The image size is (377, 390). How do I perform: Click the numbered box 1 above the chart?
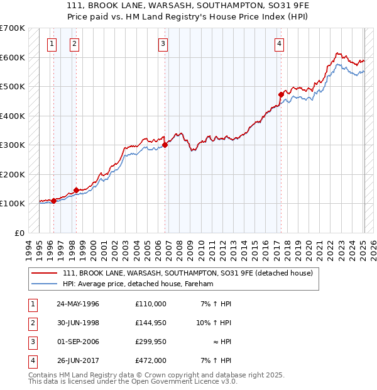51,43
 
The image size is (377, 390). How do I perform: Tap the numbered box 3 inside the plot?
163,43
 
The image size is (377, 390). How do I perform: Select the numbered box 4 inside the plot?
278,43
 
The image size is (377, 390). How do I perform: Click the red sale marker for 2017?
281,95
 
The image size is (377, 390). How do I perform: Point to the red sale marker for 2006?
165,145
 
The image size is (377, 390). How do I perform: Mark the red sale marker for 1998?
76,190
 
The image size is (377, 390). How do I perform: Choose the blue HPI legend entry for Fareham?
138,284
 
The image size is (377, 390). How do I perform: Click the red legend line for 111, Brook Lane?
45,273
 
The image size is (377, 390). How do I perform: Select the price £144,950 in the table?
151,323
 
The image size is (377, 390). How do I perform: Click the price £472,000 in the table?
151,360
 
